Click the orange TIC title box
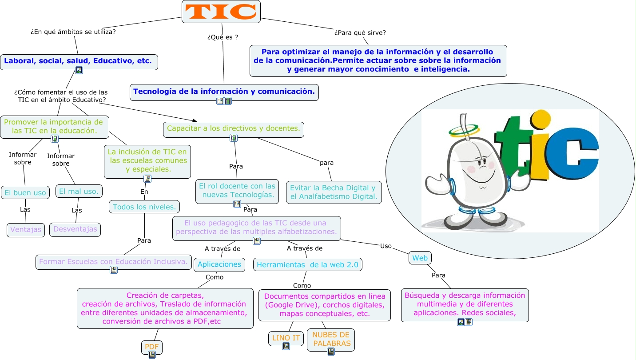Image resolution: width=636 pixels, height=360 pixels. pos(221,12)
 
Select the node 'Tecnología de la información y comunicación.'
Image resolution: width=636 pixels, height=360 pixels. pos(224,91)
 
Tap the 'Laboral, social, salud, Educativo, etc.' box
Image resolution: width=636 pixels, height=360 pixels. pos(78,61)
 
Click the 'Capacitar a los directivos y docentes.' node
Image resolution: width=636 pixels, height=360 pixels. pos(234,128)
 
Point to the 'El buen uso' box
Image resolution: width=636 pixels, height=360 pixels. pos(25,192)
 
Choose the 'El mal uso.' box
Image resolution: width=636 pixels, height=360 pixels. pos(79,191)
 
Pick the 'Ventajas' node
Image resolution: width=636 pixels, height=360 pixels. pos(26,230)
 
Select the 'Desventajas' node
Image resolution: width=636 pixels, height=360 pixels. pos(75,229)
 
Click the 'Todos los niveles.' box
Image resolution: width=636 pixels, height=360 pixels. pos(144,207)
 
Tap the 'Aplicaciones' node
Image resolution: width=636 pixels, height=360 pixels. pos(219,264)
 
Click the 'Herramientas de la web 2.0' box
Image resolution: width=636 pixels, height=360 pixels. pos(307,265)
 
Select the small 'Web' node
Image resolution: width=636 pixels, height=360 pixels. pos(420,258)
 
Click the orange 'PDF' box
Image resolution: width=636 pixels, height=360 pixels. pos(152,346)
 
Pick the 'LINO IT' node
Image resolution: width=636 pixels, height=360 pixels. pos(286,338)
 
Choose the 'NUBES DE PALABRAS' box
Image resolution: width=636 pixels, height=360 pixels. pos(331,339)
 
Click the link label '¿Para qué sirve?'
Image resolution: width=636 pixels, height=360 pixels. pos(360,32)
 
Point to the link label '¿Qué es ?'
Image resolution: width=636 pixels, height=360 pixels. pos(222,37)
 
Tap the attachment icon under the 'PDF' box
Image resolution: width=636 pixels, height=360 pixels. pos(152,354)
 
